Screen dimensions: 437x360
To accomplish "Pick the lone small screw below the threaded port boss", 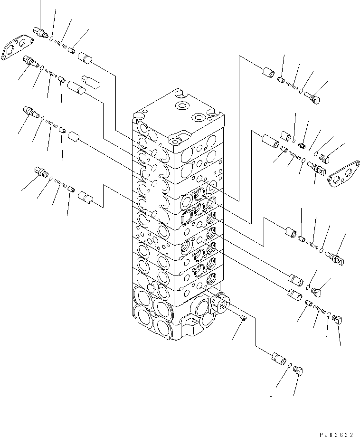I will point(243,319).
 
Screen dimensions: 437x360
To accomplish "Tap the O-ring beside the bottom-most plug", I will point(289,365).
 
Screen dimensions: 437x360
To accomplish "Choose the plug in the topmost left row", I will point(40,33).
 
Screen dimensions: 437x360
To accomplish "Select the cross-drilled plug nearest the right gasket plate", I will point(317,167).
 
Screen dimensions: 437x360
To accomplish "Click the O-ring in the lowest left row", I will point(51,177).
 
